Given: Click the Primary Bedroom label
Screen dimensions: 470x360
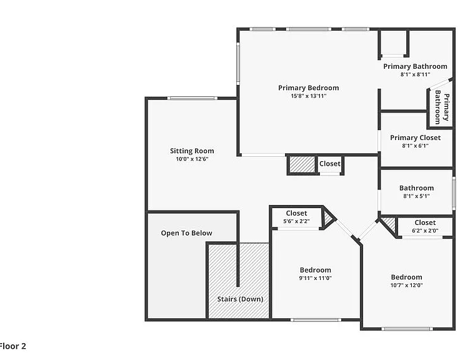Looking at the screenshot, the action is pyautogui.click(x=309, y=88).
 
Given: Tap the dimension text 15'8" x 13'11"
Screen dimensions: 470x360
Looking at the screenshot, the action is pyautogui.click(x=309, y=96).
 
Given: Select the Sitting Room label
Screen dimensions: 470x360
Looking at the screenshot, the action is pyautogui.click(x=192, y=151).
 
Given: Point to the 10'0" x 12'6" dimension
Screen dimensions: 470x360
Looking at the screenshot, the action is pyautogui.click(x=192, y=159).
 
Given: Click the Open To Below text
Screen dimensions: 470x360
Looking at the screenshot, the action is pyautogui.click(x=186, y=233).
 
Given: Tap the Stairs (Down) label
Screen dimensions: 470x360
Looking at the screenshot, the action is pyautogui.click(x=240, y=299).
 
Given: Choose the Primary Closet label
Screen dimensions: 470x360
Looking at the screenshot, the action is pyautogui.click(x=415, y=137).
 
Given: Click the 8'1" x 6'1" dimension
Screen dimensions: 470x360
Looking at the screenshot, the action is pyautogui.click(x=415, y=146).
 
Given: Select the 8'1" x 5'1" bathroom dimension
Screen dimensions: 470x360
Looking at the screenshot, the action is pyautogui.click(x=416, y=196).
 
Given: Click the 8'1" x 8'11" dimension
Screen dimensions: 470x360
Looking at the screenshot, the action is pyautogui.click(x=415, y=74).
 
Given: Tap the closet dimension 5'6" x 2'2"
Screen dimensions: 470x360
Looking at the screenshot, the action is pyautogui.click(x=296, y=221).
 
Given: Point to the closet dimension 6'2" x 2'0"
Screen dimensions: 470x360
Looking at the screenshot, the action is pyautogui.click(x=425, y=231).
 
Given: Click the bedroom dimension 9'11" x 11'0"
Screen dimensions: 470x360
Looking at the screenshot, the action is pyautogui.click(x=316, y=278).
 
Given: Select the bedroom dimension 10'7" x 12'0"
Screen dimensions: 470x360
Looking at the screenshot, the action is pyautogui.click(x=406, y=285).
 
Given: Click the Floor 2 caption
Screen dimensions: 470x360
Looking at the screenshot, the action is pyautogui.click(x=12, y=346).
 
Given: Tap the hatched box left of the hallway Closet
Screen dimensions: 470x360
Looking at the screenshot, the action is pyautogui.click(x=302, y=164).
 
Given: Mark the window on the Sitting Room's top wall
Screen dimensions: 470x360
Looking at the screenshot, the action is pyautogui.click(x=192, y=98).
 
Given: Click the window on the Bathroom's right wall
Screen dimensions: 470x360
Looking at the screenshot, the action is pyautogui.click(x=454, y=193).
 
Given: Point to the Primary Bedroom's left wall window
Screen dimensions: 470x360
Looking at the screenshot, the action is pyautogui.click(x=238, y=63).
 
